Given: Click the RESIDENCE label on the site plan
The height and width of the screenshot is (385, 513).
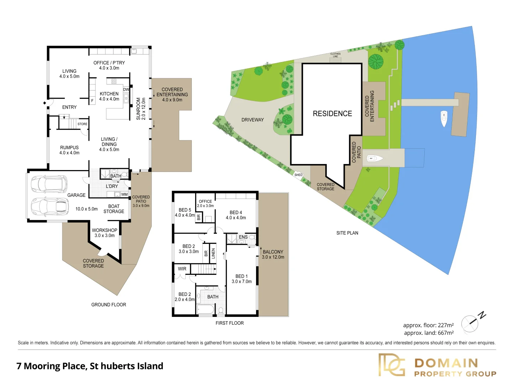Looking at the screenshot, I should click(332, 114).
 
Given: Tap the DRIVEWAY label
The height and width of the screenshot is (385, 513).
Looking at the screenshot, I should click(253, 120).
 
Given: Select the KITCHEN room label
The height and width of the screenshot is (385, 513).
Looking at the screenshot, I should click(109, 94).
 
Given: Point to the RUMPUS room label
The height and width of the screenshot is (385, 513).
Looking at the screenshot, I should click(69, 148).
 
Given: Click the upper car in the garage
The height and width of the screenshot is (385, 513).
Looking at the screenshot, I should click(49, 184).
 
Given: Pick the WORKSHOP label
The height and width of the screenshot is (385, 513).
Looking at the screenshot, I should click(104, 230).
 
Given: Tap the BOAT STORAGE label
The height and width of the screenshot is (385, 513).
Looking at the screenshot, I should click(114, 209).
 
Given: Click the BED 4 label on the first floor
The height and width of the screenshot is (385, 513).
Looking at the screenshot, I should click(236, 212).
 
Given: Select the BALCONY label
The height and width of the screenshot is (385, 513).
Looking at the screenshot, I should click(273, 252).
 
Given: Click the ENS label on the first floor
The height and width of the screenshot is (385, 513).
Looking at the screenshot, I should click(243, 237).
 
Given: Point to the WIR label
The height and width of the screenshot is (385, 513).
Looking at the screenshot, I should click(182, 269).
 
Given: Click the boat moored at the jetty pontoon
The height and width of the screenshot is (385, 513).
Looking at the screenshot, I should click(444, 119).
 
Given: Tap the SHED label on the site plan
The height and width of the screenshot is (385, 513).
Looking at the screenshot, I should click(299, 175).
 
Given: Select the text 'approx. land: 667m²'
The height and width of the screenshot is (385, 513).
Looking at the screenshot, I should click(429, 333).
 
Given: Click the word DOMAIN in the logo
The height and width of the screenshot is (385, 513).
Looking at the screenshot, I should click(446, 363).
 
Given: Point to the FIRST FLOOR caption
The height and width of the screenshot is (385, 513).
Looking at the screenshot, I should click(230, 323).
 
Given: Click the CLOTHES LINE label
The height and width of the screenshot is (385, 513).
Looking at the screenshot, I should click(335, 55).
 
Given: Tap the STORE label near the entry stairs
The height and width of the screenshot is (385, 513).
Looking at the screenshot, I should click(82, 124).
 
